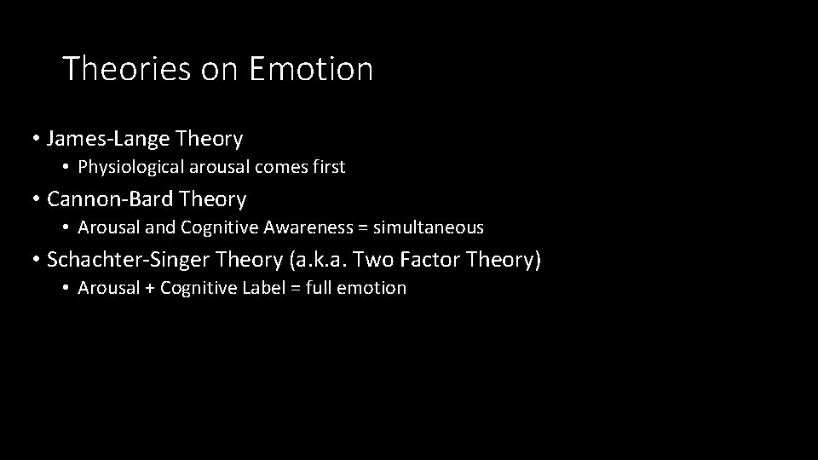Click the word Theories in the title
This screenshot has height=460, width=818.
127,69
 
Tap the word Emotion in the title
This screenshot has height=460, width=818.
311,69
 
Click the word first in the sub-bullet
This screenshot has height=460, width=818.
328,168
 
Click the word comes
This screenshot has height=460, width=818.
274,168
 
